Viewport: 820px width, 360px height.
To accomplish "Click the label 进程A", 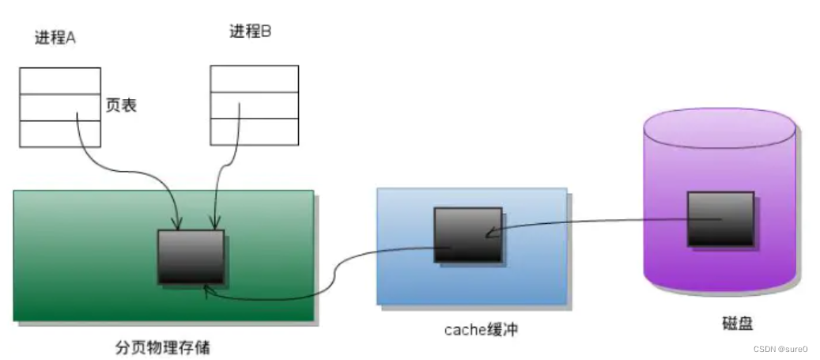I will (55, 37).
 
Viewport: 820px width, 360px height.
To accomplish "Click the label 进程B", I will (251, 32).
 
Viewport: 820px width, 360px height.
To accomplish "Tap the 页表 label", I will (121, 104).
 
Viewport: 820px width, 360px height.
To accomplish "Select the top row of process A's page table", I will (60, 81).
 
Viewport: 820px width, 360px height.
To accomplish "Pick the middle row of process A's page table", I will (60, 107).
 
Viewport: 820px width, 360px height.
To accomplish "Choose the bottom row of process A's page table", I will (60, 133).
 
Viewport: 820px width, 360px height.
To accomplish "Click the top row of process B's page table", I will (254, 78).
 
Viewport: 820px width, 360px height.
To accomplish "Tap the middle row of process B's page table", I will (254, 104).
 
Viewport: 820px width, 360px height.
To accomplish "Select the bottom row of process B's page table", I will (254, 132).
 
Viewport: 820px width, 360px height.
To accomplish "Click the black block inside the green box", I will (191, 257).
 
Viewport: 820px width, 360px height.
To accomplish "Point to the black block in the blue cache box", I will (467, 234).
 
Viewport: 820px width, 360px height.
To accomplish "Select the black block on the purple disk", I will (720, 218).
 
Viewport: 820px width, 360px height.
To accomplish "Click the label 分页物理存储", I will (163, 347).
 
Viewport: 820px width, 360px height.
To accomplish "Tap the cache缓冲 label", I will (481, 329).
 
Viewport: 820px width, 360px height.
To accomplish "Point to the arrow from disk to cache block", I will (601, 224).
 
